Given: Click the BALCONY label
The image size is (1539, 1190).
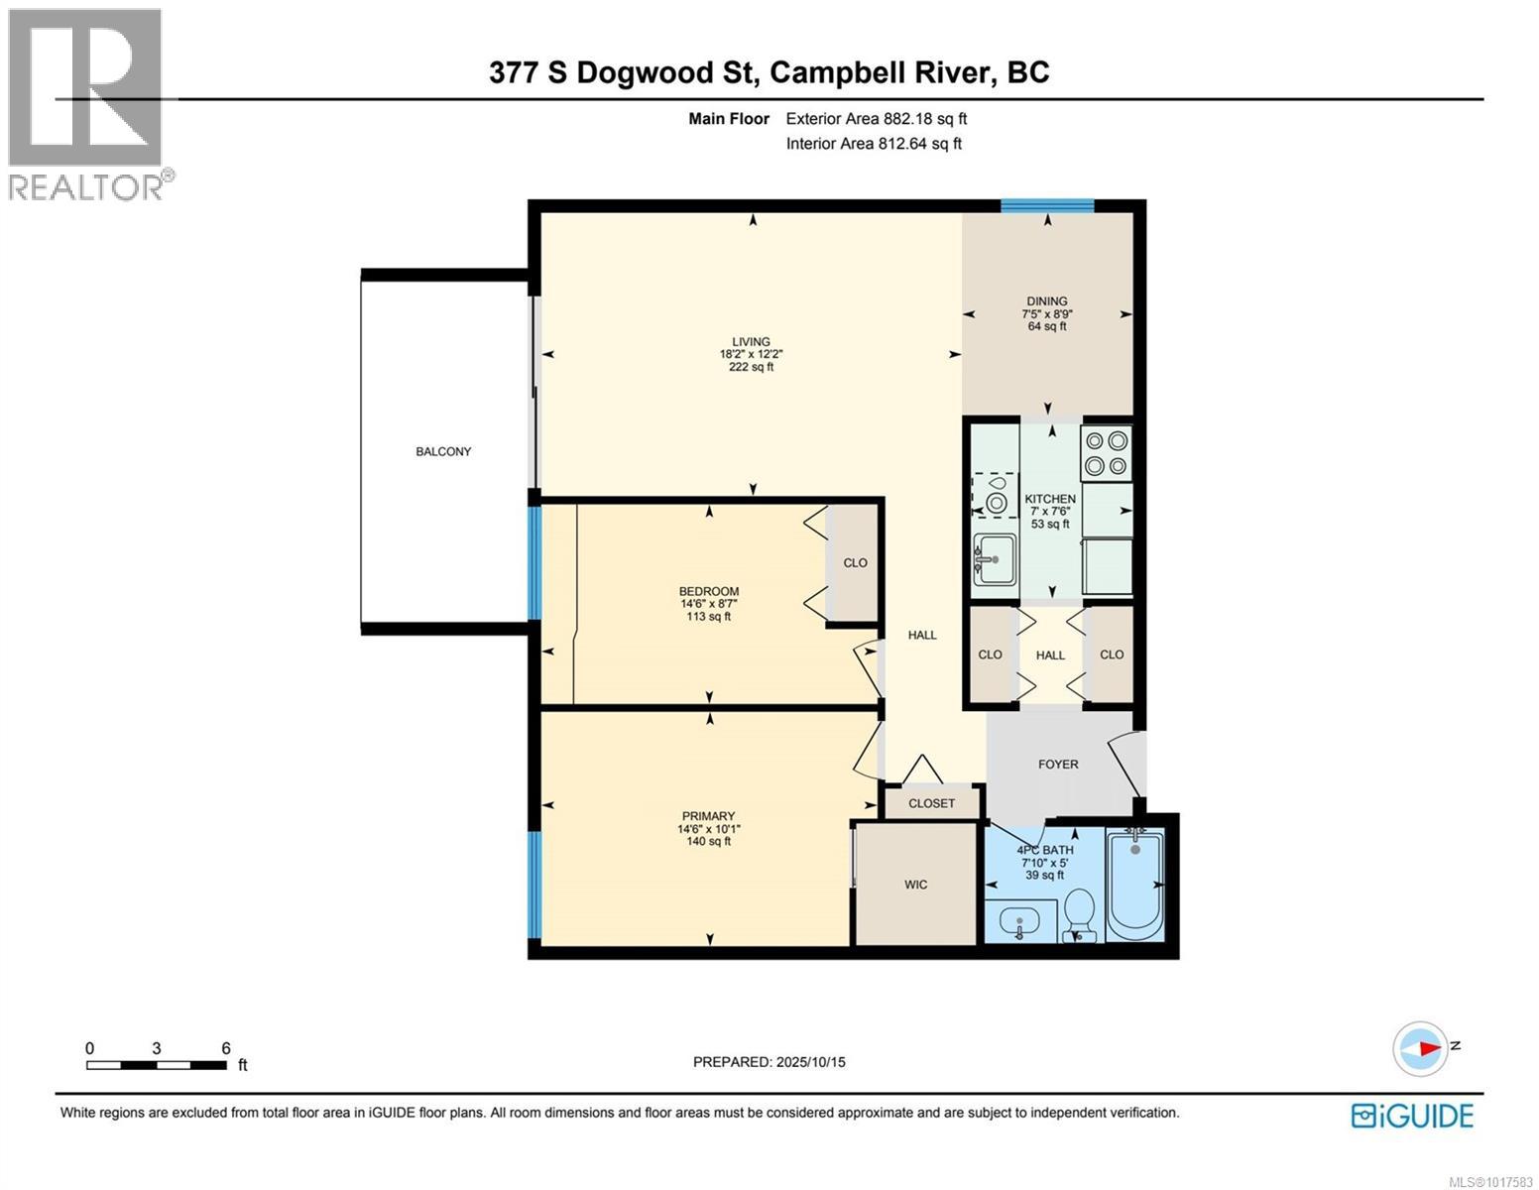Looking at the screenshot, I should pos(443,451).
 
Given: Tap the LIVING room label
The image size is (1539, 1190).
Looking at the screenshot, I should pos(752,342).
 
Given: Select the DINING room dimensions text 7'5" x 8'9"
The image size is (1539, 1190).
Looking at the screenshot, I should pos(1047,314).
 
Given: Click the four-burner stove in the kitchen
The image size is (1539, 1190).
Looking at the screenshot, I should pos(1107,452).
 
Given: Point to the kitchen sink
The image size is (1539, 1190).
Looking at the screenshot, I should pos(995,560).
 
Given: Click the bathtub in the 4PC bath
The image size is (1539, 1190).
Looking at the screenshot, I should pos(1135,885).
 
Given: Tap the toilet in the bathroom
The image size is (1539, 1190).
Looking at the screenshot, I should pos(1078,912).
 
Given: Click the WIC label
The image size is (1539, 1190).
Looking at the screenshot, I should pos(916,885).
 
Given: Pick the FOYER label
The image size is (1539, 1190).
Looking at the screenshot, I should pos(1058,765).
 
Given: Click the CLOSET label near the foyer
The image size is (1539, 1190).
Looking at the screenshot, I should pos(932,803).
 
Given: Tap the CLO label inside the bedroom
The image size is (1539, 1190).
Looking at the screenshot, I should pos(855,562).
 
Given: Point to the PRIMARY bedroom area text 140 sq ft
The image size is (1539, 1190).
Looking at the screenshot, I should pos(709,842).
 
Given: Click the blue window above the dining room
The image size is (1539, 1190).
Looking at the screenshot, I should pos(1046,206).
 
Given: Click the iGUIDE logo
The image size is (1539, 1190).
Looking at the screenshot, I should pos(1412,1116).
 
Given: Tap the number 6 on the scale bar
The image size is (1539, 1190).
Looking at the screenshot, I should pos(226,1048).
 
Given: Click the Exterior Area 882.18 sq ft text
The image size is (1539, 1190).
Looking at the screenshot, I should pos(876,119).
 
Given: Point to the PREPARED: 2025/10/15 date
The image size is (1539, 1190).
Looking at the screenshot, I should pos(769,1062).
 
